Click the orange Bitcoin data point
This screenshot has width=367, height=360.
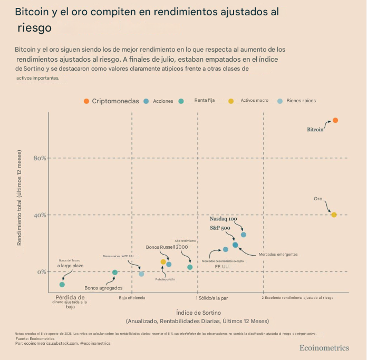(335, 121)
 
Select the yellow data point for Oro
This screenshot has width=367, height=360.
(334, 215)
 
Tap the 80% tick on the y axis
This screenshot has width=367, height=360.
(41, 158)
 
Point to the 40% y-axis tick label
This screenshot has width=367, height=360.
(41, 215)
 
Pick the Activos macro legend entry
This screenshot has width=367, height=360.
(254, 100)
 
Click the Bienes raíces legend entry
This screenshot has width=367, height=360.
(301, 100)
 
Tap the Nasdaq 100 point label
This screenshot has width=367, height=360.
(223, 218)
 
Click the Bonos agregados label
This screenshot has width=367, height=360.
(103, 288)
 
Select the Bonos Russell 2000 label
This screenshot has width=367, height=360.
(167, 247)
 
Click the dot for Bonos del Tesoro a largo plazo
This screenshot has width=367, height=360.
(62, 285)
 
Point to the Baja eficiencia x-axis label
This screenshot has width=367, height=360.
(132, 298)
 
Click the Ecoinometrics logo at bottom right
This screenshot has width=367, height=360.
(324, 347)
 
